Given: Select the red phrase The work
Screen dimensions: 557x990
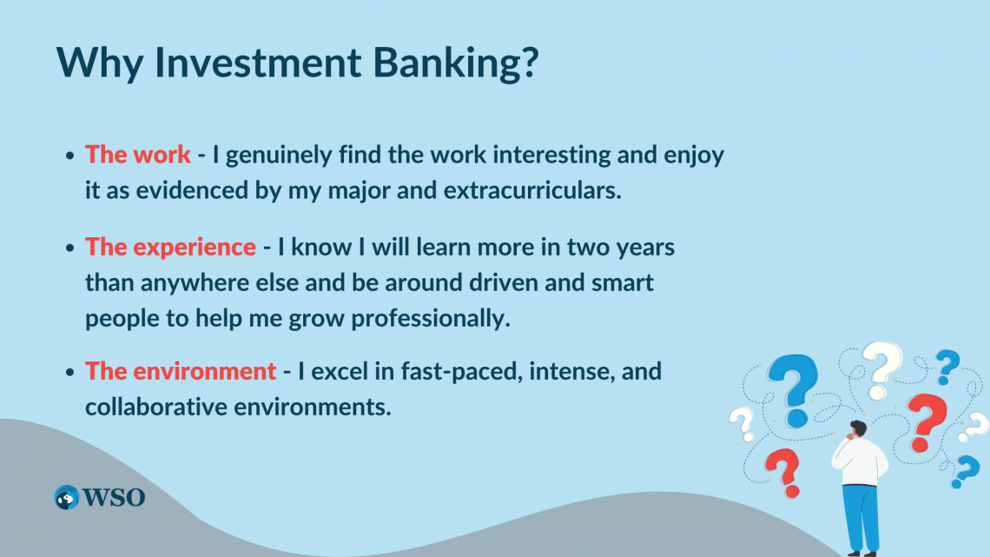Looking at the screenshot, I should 137,155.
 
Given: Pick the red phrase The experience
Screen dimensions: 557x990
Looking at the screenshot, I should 170,247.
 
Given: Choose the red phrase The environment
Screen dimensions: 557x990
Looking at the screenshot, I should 181,371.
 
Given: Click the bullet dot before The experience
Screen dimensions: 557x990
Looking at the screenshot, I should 70,248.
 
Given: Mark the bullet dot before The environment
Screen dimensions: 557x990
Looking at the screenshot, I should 70,372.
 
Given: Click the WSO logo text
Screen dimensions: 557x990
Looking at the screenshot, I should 114,497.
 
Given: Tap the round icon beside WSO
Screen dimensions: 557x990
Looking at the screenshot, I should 67,497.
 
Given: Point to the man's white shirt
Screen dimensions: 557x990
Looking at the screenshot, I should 859,461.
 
